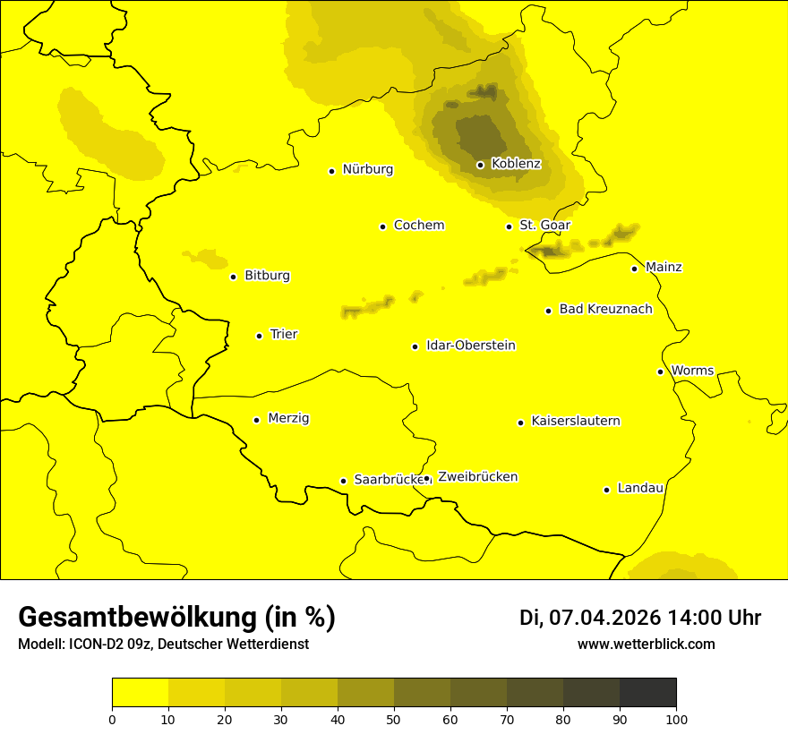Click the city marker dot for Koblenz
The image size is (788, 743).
(480, 165)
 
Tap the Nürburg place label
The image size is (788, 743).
(367, 169)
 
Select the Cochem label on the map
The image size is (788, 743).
(418, 226)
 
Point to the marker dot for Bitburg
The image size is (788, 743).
(233, 277)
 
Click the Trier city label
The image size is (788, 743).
(283, 335)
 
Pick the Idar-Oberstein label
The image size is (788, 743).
(470, 346)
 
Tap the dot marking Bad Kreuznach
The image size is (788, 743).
(548, 311)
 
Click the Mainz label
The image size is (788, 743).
(663, 268)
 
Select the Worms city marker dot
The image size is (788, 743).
(660, 371)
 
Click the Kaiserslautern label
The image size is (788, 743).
(575, 422)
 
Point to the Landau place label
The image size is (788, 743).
(639, 489)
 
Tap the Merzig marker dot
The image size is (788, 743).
(256, 420)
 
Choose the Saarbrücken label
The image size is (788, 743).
(387, 480)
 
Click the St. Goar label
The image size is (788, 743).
(544, 226)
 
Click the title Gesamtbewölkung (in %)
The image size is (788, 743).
(176, 617)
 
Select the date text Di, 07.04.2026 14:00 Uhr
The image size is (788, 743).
(639, 618)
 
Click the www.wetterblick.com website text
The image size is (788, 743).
(646, 644)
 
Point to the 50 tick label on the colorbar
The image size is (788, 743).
(394, 719)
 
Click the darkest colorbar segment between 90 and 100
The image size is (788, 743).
(647, 693)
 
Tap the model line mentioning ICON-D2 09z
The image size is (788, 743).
(163, 645)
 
